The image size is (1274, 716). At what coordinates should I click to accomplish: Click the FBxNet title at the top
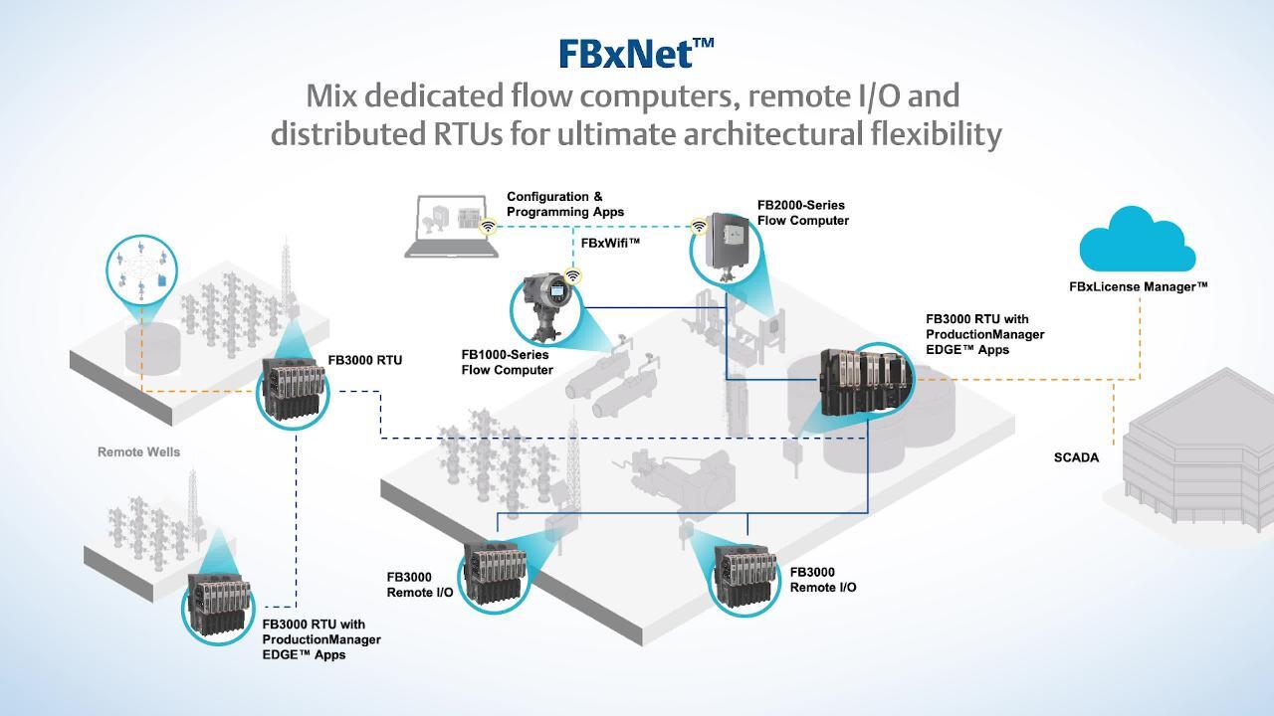coord(636,53)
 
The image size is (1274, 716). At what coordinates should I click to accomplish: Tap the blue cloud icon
coord(1137,240)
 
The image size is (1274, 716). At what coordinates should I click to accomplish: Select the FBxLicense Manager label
coord(1138,286)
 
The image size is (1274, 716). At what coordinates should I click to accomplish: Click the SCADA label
coord(1076,457)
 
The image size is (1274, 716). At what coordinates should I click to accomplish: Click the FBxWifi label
coord(610,243)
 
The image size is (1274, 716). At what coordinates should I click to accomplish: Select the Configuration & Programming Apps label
coord(565,204)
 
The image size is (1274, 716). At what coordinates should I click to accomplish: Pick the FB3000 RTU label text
coord(365,360)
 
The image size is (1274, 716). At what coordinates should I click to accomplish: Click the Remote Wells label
coord(138,451)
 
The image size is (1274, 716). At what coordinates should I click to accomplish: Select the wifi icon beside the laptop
coord(489,227)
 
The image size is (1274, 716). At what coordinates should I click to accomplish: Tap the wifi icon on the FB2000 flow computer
coord(699,226)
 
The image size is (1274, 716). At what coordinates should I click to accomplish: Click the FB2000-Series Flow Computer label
coord(802,213)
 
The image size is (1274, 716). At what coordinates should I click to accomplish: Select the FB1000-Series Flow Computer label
coord(507,362)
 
